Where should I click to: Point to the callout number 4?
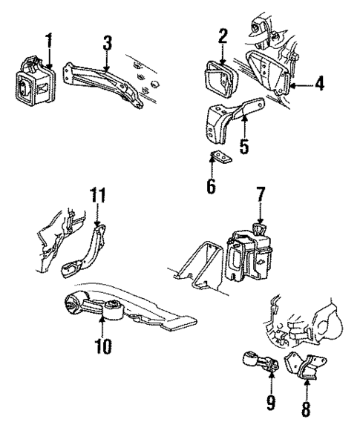click(x=318, y=83)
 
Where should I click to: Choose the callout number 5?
click(x=243, y=146)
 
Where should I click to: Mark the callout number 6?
click(x=211, y=185)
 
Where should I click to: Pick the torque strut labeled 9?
click(x=260, y=365)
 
